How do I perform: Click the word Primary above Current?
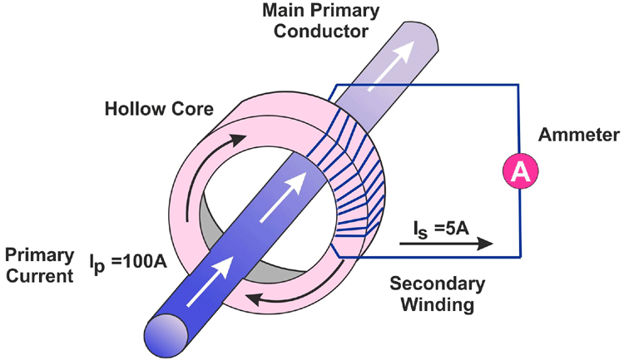(34, 253)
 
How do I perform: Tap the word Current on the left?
(34, 274)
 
